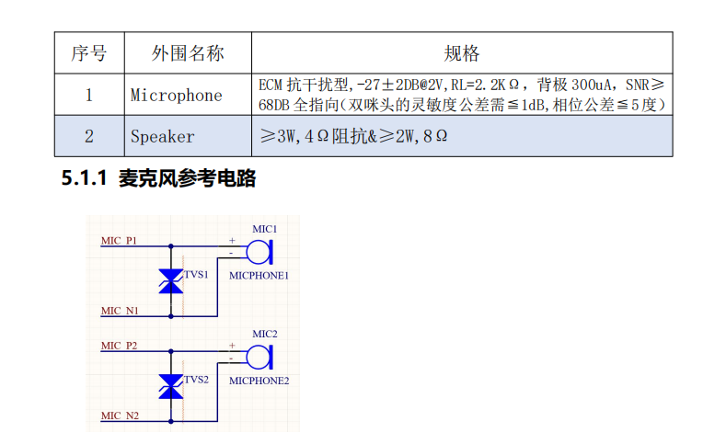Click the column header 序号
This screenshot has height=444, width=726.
[x=88, y=53]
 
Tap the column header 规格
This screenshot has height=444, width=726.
[x=462, y=53]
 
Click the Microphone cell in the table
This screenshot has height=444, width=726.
[x=177, y=95]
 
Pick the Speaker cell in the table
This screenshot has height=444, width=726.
[x=163, y=136]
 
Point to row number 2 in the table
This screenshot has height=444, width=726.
[x=88, y=136]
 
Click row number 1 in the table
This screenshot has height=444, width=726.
[x=88, y=95]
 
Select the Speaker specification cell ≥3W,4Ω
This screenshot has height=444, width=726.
[x=353, y=136]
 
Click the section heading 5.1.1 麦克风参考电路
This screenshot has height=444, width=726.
[x=158, y=179]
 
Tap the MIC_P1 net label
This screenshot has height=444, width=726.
[x=120, y=241]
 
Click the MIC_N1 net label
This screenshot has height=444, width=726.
[x=120, y=311]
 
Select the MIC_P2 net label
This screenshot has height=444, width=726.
[x=120, y=346]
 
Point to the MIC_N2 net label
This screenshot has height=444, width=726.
[x=120, y=416]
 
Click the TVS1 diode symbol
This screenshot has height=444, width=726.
[x=170, y=281]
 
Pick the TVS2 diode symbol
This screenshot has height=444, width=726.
[x=170, y=386]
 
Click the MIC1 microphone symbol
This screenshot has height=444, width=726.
[x=260, y=251]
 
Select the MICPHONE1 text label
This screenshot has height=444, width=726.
[x=259, y=275]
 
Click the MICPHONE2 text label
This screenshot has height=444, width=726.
[x=259, y=380]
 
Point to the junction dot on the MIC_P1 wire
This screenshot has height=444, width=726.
[x=170, y=246]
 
